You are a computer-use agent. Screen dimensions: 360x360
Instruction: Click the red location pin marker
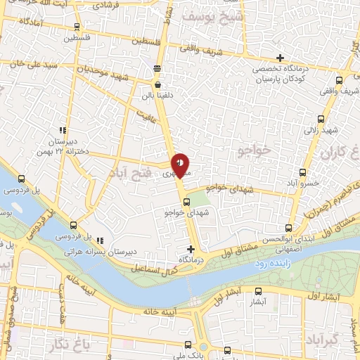[x=181, y=165]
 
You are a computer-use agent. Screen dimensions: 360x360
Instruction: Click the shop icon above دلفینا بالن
[x=157, y=68]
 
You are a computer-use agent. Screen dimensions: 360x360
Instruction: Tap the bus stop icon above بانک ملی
[x=187, y=345]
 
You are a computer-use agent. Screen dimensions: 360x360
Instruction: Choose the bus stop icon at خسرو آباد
[x=302, y=172]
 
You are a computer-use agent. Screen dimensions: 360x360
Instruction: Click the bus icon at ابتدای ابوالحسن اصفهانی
[x=288, y=227]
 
